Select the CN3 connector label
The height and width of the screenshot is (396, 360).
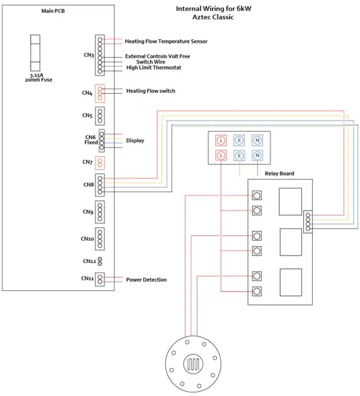tap(88, 55)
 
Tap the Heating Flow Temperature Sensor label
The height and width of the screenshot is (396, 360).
tap(166, 42)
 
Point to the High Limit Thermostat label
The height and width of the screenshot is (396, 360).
tap(153, 68)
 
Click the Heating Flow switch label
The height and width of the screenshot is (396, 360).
tap(150, 91)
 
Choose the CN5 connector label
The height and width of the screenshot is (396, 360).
tap(88, 114)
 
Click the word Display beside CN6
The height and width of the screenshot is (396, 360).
tap(135, 140)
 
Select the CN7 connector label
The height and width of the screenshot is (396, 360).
tap(88, 162)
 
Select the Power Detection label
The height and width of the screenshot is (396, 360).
tap(146, 280)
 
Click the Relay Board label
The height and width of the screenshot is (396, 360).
tap(280, 174)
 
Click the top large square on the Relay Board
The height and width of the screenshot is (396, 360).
tap(290, 201)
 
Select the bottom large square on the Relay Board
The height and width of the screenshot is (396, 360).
tap(290, 282)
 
